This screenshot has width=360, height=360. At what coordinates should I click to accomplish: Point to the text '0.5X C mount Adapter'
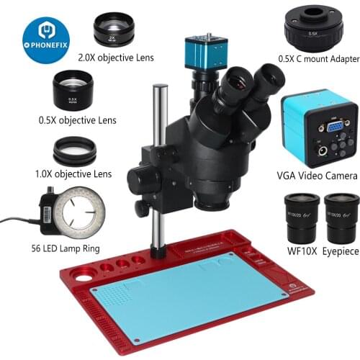tap(315, 61)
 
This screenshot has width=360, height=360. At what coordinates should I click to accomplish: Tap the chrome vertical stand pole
tap(160, 144)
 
